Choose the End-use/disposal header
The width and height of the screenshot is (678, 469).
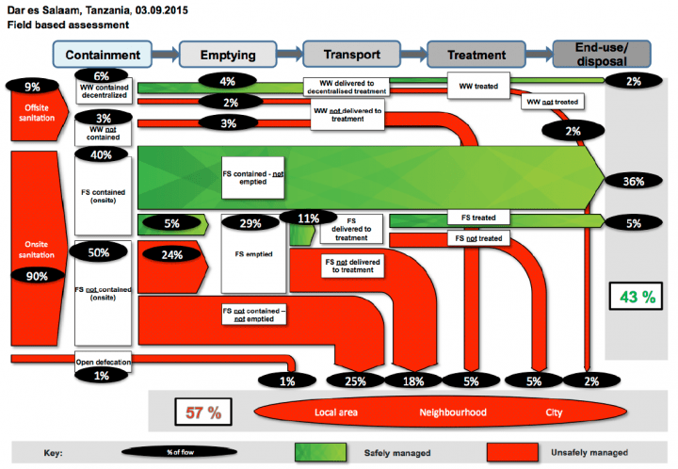[x=589, y=55]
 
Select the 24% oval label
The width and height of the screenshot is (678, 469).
[x=169, y=253]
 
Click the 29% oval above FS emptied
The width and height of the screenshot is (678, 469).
[x=251, y=224]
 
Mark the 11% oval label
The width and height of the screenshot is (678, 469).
[x=307, y=218]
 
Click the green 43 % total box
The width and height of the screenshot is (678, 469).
[x=632, y=298]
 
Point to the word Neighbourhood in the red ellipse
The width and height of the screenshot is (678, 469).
[x=453, y=412]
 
